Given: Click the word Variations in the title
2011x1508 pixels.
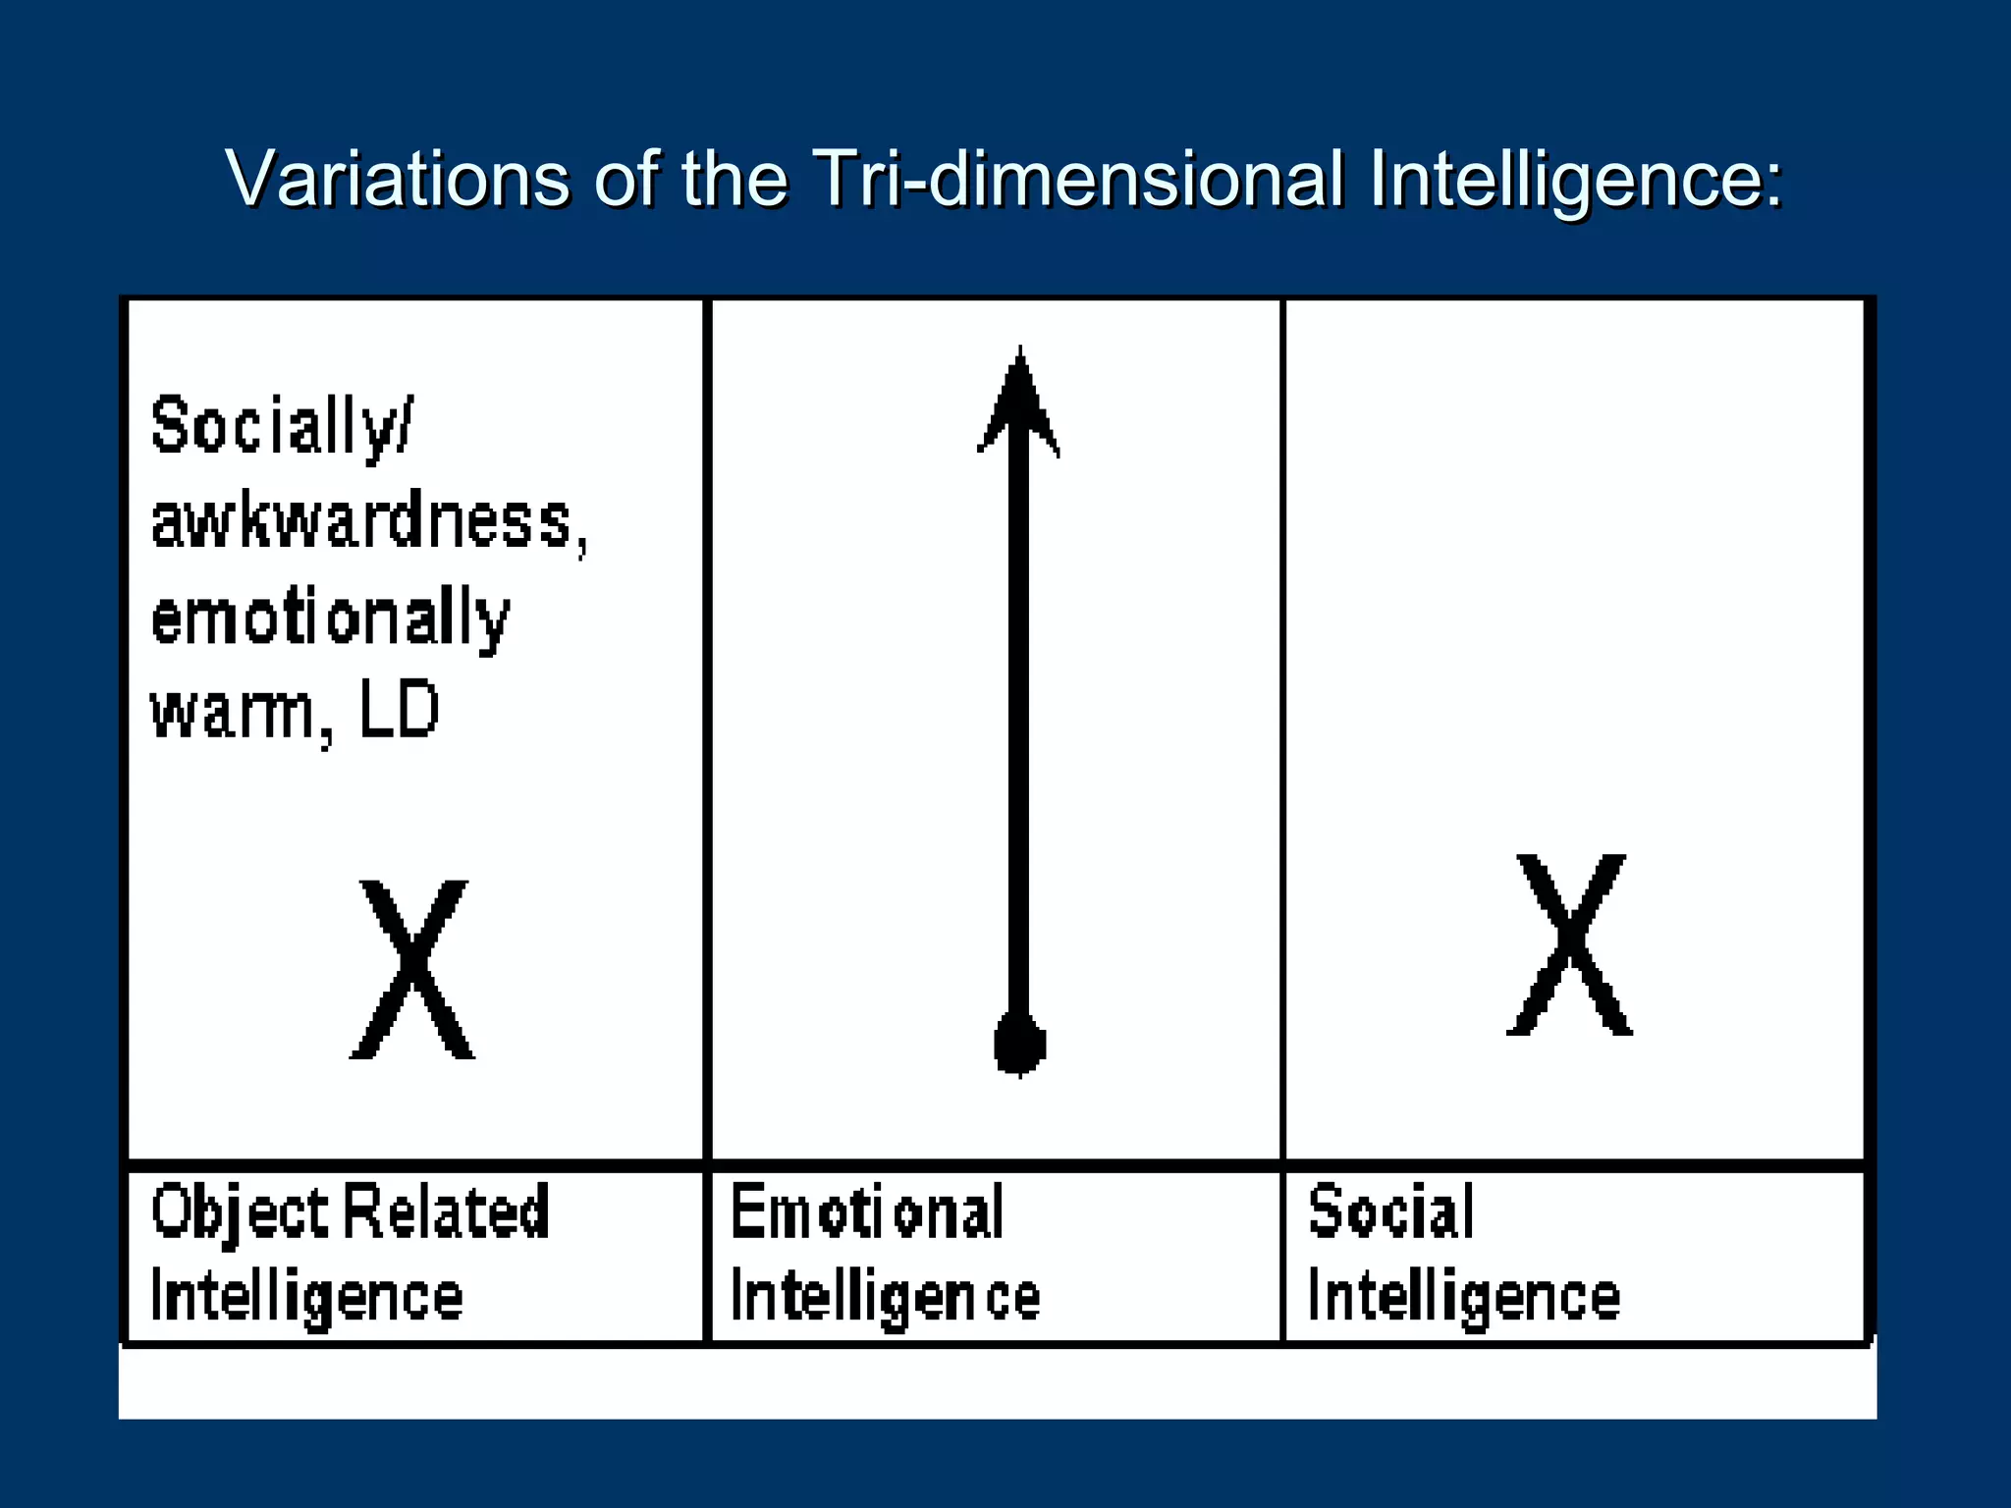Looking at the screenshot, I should (x=397, y=179).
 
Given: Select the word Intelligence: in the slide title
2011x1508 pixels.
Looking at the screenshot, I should (x=1575, y=181).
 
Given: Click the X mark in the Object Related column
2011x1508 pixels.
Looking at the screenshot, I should (x=412, y=969).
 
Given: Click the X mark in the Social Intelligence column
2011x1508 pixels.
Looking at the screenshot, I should (x=1569, y=944).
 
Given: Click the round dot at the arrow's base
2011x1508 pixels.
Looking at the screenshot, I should (x=1019, y=1043).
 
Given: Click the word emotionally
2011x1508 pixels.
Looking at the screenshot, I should (x=330, y=619).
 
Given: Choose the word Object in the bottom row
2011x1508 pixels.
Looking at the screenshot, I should (x=240, y=1213).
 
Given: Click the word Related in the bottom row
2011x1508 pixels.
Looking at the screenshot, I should (x=446, y=1212).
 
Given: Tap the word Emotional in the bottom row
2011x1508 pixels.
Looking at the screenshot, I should (x=867, y=1212).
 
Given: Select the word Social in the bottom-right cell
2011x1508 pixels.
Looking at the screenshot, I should (x=1390, y=1212).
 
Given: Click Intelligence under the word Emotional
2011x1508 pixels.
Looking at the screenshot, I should (x=885, y=1298).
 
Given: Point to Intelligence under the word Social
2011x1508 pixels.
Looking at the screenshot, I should (x=1463, y=1298).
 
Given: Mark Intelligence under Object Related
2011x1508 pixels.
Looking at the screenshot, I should (x=306, y=1298).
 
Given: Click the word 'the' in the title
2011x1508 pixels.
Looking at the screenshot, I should (x=734, y=179).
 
